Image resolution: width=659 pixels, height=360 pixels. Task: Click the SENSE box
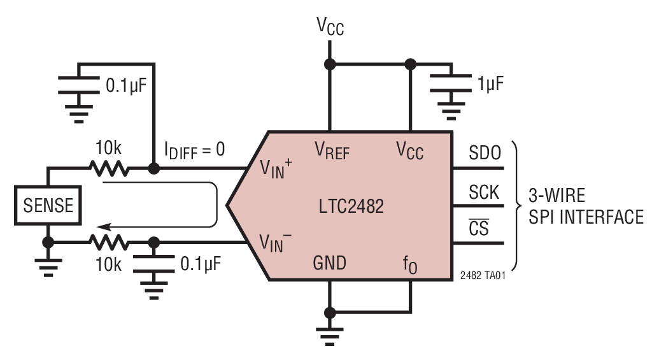48,206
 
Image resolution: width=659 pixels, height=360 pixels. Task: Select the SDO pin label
485,153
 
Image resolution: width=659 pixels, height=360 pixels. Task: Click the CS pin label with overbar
479,228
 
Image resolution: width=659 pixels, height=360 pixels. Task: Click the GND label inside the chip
329,262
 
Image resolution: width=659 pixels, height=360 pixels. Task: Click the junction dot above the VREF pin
330,64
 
